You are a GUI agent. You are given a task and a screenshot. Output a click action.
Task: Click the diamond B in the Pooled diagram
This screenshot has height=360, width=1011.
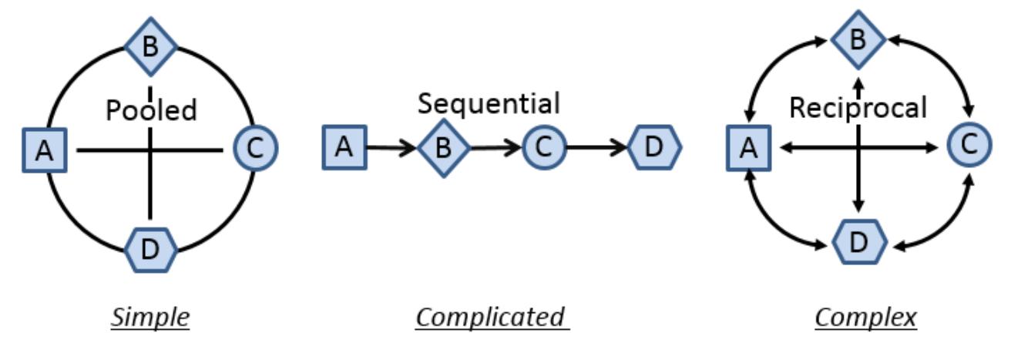click(x=151, y=46)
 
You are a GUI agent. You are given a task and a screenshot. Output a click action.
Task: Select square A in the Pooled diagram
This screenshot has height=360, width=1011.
click(x=45, y=150)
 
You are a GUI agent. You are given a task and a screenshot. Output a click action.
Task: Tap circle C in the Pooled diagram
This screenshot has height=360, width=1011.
click(x=256, y=148)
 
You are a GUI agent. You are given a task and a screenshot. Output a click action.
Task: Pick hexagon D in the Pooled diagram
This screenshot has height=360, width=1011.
click(x=151, y=250)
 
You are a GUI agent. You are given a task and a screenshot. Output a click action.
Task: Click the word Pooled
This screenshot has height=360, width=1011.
click(x=152, y=110)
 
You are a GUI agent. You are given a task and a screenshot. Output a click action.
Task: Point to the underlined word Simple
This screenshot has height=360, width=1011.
click(x=150, y=318)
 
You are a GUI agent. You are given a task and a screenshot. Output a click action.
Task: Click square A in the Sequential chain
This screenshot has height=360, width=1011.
click(x=344, y=148)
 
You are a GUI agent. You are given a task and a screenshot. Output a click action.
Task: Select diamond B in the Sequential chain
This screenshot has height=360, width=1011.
click(x=444, y=148)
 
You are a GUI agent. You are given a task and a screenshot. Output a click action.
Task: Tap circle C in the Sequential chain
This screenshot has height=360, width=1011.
click(x=544, y=147)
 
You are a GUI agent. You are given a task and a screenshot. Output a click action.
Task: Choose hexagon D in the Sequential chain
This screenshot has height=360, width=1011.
click(x=655, y=147)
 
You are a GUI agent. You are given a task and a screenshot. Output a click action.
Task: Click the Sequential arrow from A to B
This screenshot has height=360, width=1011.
click(x=391, y=148)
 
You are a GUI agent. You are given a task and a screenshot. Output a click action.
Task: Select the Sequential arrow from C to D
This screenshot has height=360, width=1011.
click(x=597, y=147)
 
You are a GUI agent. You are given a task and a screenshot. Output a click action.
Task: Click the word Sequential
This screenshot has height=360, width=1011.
click(x=489, y=104)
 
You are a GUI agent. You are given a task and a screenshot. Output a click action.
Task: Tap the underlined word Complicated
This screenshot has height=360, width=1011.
click(x=492, y=318)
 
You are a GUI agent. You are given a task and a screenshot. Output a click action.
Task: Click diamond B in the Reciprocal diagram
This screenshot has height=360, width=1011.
click(x=858, y=40)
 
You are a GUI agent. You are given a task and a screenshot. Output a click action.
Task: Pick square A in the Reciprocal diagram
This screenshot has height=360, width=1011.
click(x=749, y=148)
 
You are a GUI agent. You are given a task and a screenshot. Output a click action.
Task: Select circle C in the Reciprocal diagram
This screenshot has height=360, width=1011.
click(x=969, y=145)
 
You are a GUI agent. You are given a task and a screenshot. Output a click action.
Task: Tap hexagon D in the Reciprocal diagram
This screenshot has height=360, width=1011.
click(x=859, y=242)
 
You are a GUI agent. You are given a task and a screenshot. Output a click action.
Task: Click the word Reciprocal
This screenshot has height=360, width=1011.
click(x=858, y=109)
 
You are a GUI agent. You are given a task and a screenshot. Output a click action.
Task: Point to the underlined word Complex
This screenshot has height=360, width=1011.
click(x=865, y=318)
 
